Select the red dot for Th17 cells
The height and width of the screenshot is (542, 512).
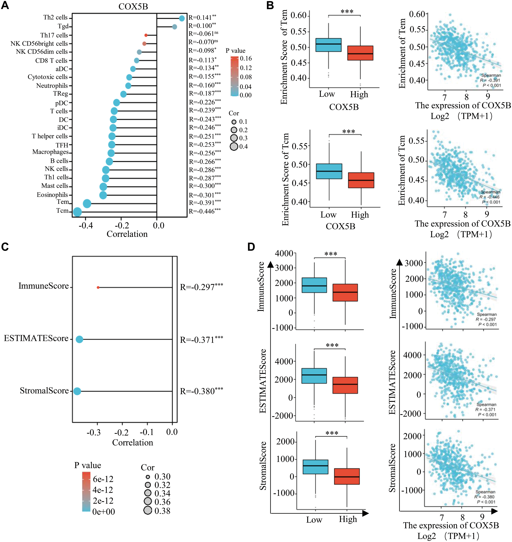coord(146,35)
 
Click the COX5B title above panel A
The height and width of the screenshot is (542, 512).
coord(133,7)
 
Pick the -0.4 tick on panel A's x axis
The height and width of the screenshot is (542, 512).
coord(86,225)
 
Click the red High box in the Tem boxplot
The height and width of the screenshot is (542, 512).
coord(360,53)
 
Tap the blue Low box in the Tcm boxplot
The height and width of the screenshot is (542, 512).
coord(329,171)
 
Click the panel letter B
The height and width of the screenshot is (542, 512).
coord(270,5)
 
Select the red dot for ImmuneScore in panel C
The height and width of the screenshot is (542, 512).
coord(98,287)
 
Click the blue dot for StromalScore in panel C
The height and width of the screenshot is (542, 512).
coord(77,391)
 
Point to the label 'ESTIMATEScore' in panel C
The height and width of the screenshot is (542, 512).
coord(36,338)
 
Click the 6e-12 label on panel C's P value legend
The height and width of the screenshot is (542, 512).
coord(103,479)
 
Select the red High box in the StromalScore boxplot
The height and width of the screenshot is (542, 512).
coord(347,476)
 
